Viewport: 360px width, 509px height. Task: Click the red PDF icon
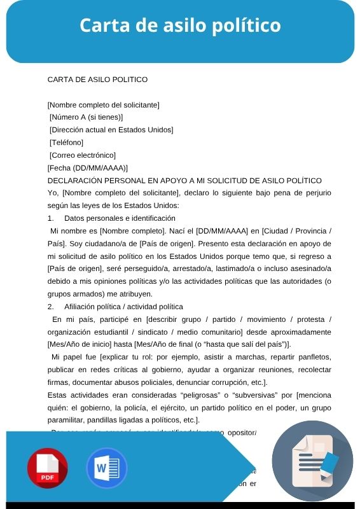[x=47, y=468]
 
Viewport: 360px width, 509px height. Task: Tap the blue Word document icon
[x=107, y=468]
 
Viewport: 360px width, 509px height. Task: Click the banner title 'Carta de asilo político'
[x=180, y=25]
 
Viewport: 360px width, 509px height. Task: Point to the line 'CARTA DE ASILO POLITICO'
[x=97, y=80]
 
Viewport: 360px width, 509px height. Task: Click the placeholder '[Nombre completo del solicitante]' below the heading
[x=103, y=104]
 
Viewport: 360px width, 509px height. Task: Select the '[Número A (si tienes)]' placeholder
[x=86, y=117]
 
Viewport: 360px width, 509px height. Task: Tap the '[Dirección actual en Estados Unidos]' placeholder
[x=111, y=130]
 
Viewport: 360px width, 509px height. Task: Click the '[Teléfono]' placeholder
[x=66, y=143]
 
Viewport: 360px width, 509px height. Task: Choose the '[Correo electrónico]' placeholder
[x=82, y=155]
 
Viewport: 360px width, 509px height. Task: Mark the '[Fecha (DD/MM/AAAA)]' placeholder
[x=88, y=168]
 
